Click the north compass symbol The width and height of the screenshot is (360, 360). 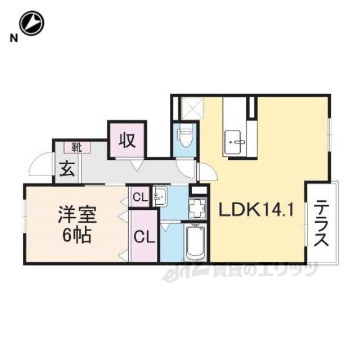[x=31, y=23]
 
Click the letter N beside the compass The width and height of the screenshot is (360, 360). [x=13, y=38]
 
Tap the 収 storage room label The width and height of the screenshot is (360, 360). [x=127, y=141]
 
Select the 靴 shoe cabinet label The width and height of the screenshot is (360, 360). [x=77, y=147]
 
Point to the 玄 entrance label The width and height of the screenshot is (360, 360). [x=67, y=169]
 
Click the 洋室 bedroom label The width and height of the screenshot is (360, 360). [x=77, y=214]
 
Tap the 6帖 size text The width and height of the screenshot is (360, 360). [x=77, y=235]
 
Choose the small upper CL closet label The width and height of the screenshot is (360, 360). [x=140, y=197]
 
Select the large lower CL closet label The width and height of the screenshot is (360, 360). [x=145, y=236]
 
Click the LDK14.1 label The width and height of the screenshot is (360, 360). [x=256, y=210]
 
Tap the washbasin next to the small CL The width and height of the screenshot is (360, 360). [x=160, y=197]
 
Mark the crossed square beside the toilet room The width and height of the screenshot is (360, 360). [x=192, y=109]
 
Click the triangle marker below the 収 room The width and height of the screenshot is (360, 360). [x=137, y=165]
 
